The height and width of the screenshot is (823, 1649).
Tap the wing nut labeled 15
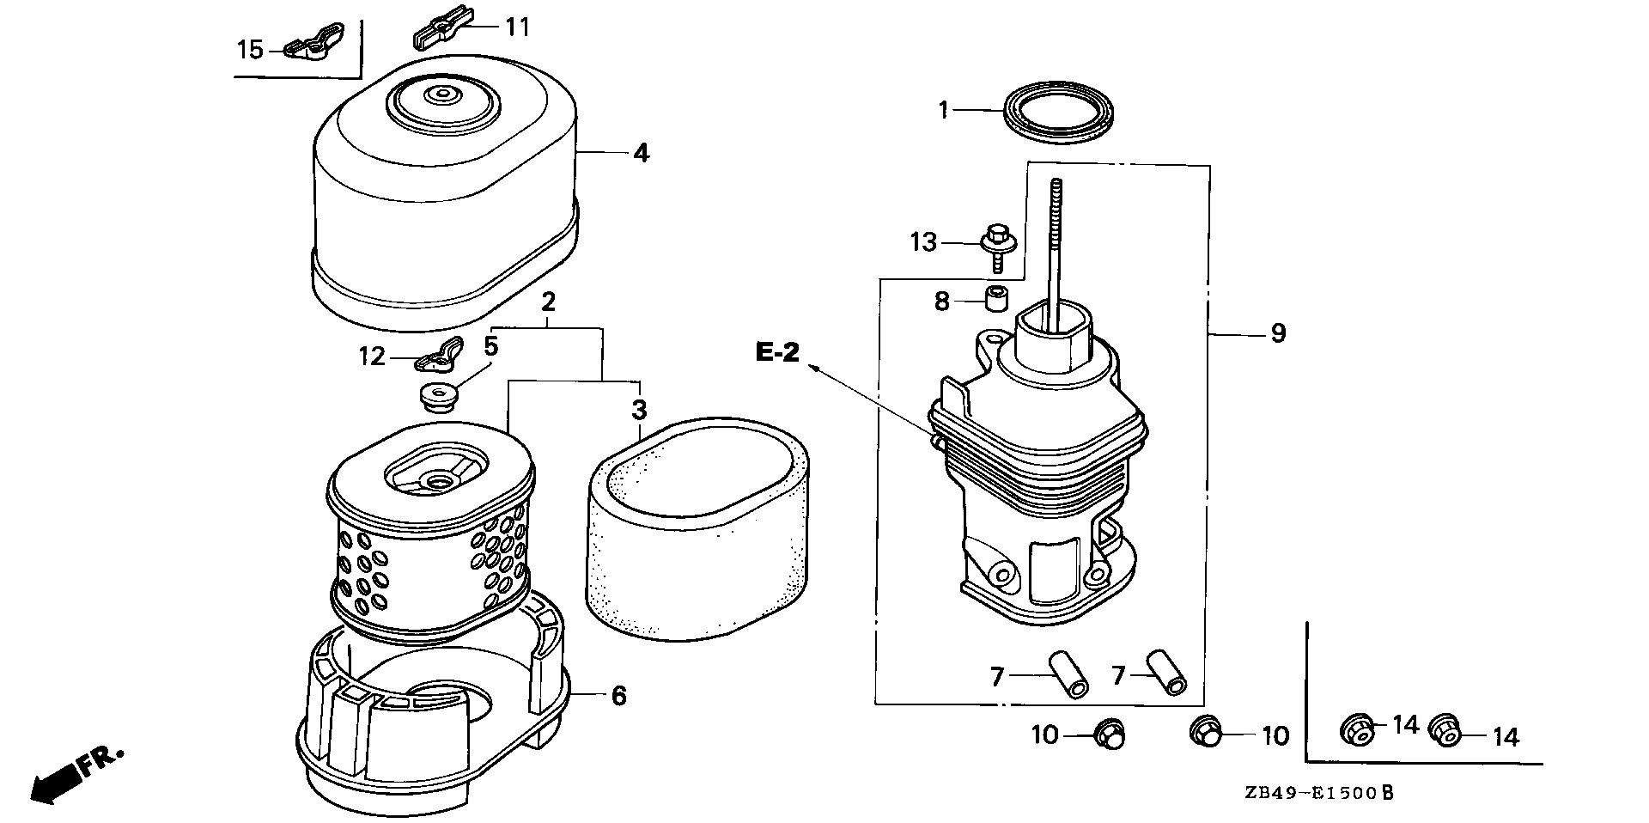click(308, 50)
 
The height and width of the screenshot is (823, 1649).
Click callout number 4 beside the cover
click(641, 154)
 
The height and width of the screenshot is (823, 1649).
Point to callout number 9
click(1278, 332)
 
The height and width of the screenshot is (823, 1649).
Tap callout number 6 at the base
click(619, 695)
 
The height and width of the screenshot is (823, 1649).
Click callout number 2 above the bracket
click(549, 302)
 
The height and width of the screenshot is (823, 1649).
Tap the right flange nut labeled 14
click(1447, 731)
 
